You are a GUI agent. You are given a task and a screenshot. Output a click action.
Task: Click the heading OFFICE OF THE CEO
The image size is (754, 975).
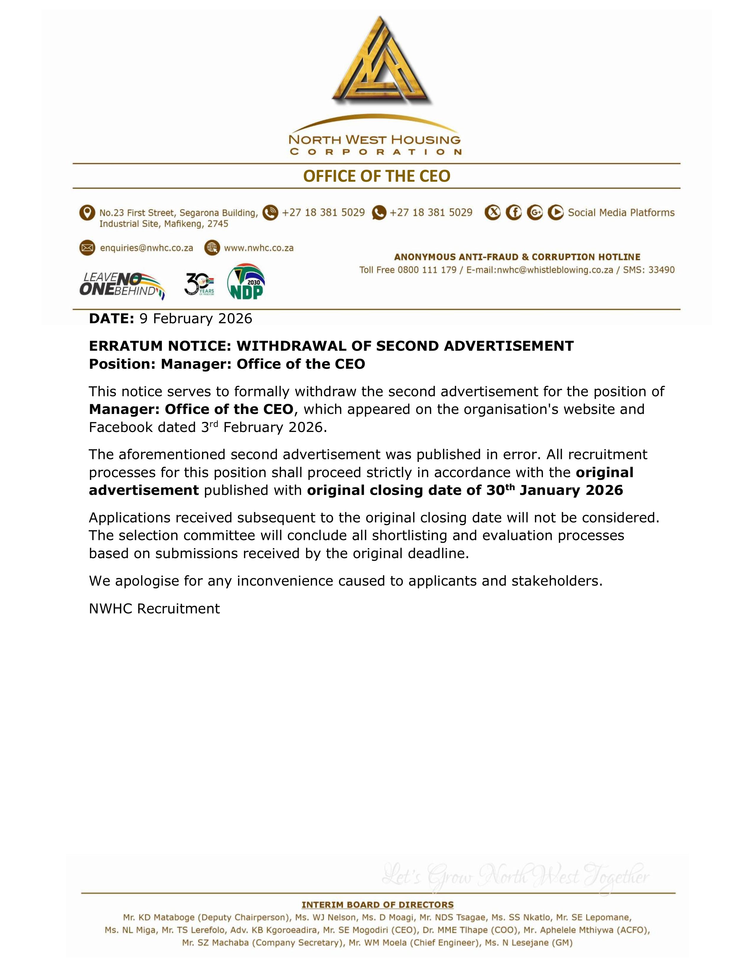coord(376,176)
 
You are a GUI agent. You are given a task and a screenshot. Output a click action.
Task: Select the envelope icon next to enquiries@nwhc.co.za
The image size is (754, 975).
coord(87,248)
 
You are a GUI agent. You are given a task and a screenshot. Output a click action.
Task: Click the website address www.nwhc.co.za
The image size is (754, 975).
coord(259,248)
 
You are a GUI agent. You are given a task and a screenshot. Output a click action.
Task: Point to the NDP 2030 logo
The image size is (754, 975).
coord(246,282)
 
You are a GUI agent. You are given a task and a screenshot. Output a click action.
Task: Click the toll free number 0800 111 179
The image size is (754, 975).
coord(427,270)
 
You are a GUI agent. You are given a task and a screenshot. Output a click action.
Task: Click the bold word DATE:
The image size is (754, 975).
coord(112,319)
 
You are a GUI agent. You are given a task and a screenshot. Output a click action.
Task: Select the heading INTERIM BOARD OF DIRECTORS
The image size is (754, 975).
coord(378,905)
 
